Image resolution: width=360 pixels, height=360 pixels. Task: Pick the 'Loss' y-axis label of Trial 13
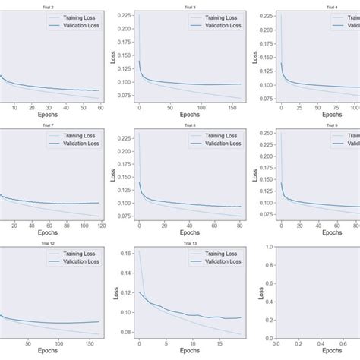coord(115,296)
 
